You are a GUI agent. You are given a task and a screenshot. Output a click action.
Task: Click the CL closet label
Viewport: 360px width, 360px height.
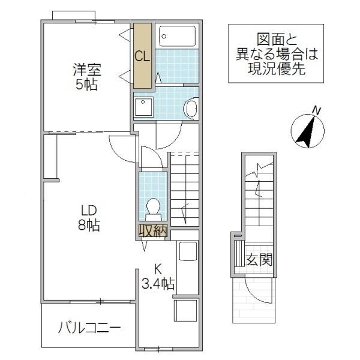142,57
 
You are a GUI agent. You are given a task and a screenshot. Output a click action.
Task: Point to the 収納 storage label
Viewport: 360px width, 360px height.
153,231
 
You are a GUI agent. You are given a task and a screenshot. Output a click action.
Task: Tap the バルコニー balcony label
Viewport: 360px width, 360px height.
89,328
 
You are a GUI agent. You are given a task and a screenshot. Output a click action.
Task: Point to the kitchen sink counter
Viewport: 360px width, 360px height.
187,267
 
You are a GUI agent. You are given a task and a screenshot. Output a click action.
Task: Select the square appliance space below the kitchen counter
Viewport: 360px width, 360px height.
186,312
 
